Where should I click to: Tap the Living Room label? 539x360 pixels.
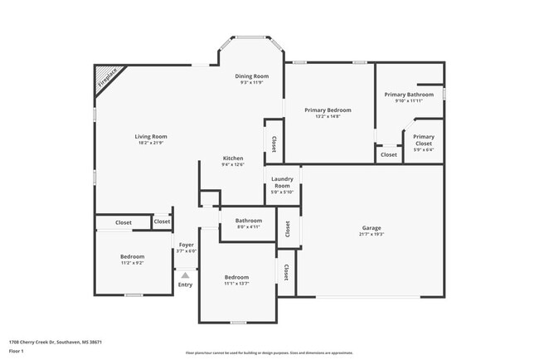pos(152,136)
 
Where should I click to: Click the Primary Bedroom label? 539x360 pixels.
pos(328,109)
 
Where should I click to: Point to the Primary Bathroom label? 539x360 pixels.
pos(409,95)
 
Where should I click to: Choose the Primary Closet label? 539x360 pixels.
pos(424,140)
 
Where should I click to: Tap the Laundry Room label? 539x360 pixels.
pos(282,182)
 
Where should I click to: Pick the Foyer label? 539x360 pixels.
pos(186,245)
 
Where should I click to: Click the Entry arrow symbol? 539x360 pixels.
pos(185,275)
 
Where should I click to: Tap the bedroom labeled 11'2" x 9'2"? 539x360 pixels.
pos(132,256)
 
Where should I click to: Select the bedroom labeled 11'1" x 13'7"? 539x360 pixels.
pos(236,277)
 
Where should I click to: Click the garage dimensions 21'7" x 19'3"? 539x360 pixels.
pos(371,234)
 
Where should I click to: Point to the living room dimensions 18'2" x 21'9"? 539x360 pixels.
pos(152,143)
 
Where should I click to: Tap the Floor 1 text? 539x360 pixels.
pos(17,351)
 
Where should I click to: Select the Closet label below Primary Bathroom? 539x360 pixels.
pos(388,154)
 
